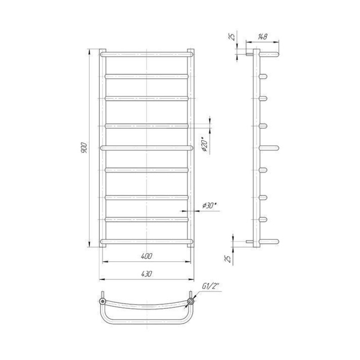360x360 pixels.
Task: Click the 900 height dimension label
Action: coord(84,148)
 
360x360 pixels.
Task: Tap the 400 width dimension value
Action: coord(147,256)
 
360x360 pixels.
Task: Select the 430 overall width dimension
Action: coord(147,274)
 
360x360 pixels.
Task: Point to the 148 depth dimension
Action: coord(262,36)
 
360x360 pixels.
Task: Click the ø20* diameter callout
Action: coord(205,145)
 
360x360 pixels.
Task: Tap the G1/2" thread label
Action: coord(211,286)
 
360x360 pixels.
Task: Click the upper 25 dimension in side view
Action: coord(233,36)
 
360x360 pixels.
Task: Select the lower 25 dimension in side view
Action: coord(228,258)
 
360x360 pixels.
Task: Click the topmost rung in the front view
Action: coord(147,54)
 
